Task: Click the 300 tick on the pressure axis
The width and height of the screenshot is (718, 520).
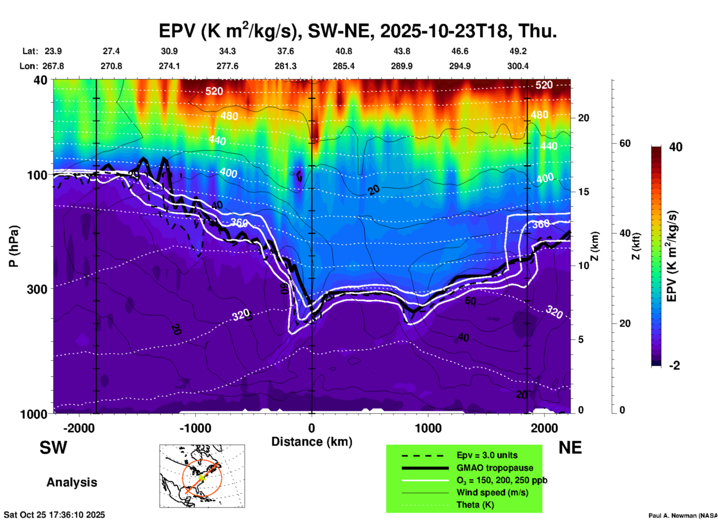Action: tap(37, 289)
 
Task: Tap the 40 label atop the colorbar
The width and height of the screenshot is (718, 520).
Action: tap(676, 147)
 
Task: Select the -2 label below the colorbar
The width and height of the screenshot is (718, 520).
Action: tap(674, 365)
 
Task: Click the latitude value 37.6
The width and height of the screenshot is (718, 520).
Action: tap(286, 51)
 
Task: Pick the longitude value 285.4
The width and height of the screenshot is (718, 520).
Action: tap(343, 66)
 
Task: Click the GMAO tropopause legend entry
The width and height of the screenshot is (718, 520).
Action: tap(494, 468)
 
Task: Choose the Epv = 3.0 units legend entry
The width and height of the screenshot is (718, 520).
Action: tap(486, 455)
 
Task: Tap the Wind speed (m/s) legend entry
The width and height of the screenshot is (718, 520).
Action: tap(492, 492)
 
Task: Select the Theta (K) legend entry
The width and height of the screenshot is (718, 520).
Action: tap(475, 505)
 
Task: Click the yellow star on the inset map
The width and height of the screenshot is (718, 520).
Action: tap(202, 477)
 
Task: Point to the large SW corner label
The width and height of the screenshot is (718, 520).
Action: tap(53, 448)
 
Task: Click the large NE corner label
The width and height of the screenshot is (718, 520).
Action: tap(570, 448)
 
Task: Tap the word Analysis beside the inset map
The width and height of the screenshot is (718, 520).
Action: tap(72, 482)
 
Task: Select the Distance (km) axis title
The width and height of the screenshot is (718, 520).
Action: tap(312, 442)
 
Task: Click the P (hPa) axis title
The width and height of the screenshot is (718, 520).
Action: tap(14, 246)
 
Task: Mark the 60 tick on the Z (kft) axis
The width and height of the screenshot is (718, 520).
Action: tap(625, 143)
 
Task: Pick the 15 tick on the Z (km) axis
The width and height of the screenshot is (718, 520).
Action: tap(583, 192)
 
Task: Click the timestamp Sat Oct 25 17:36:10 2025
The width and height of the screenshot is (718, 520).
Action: tap(54, 515)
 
